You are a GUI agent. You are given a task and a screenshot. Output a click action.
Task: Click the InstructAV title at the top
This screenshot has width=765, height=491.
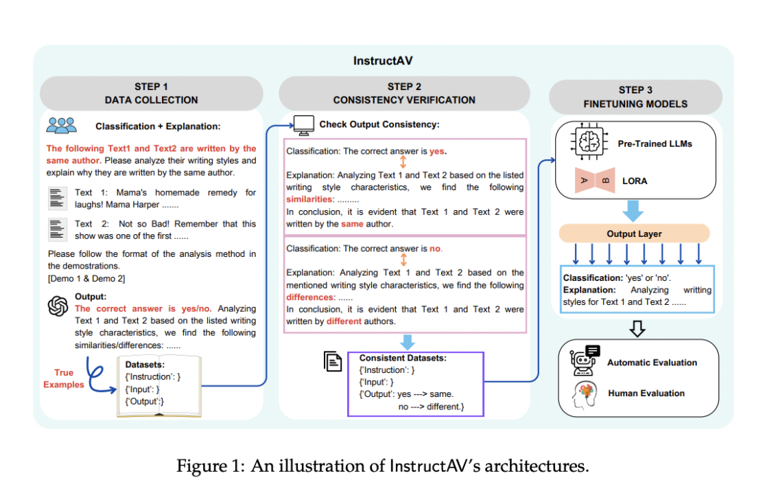383,60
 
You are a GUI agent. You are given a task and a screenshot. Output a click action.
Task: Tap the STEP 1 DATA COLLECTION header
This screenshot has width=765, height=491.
151,93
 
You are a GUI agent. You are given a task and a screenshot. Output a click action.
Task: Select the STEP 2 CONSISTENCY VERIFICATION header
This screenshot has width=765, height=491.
404,93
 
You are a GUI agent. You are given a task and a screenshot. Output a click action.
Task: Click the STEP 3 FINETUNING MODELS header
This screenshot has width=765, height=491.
635,97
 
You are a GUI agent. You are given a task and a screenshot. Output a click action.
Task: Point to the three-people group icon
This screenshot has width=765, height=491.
62,126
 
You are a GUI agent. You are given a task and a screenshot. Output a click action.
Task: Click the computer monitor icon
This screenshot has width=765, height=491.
303,125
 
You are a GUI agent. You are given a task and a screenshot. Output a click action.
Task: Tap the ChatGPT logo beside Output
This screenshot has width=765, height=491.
58,306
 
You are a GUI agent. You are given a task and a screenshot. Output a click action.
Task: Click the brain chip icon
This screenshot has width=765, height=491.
589,142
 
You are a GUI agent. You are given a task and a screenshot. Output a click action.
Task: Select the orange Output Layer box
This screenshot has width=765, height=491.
634,233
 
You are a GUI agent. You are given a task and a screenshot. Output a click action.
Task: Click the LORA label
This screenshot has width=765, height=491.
635,181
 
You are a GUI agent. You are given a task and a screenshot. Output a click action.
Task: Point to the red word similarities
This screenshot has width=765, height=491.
310,199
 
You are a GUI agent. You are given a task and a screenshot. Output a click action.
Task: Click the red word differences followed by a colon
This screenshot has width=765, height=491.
311,297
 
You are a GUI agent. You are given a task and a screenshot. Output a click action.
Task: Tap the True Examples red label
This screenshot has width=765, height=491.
63,378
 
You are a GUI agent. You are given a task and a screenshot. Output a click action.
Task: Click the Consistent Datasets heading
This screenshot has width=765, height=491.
403,358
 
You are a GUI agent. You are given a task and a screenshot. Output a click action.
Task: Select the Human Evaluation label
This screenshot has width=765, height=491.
646,393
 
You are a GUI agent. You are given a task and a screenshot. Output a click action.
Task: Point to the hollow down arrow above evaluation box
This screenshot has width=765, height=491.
637,328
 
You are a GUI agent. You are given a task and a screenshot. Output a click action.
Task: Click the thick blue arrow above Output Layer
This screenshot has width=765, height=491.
633,211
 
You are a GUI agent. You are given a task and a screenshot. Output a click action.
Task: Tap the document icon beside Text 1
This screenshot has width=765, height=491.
57,198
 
